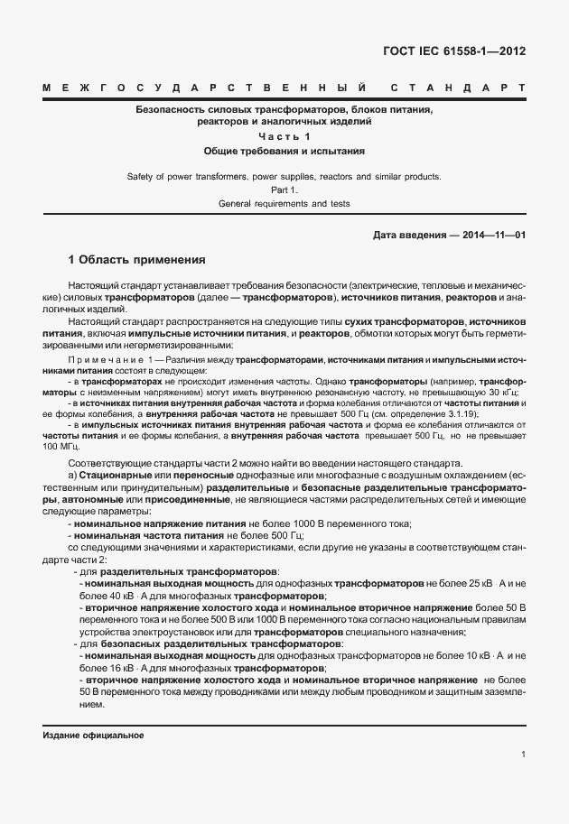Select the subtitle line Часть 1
284,136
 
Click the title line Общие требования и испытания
284,151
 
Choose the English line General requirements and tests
284,204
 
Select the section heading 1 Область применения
137,260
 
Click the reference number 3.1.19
490,414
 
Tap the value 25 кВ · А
496,584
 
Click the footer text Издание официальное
94,736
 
